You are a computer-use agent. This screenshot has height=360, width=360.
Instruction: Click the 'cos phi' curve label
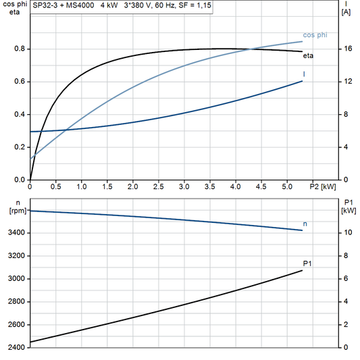pos(315,34)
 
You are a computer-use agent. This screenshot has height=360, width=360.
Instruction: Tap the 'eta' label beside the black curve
pos(307,55)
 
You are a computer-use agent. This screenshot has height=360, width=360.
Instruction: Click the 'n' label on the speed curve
pos(305,223)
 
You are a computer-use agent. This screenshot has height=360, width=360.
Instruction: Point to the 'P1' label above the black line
pos(308,263)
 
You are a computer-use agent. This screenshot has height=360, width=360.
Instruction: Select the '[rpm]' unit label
pos(14,211)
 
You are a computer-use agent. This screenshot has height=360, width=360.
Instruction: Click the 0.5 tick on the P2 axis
pos(56,186)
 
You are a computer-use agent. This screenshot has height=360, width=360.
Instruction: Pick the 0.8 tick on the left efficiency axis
pos(20,49)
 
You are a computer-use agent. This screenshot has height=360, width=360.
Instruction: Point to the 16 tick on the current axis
pos(346,49)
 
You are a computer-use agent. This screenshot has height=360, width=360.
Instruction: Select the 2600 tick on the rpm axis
pos(16,325)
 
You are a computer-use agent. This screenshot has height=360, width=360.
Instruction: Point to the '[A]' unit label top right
pos(346,12)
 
